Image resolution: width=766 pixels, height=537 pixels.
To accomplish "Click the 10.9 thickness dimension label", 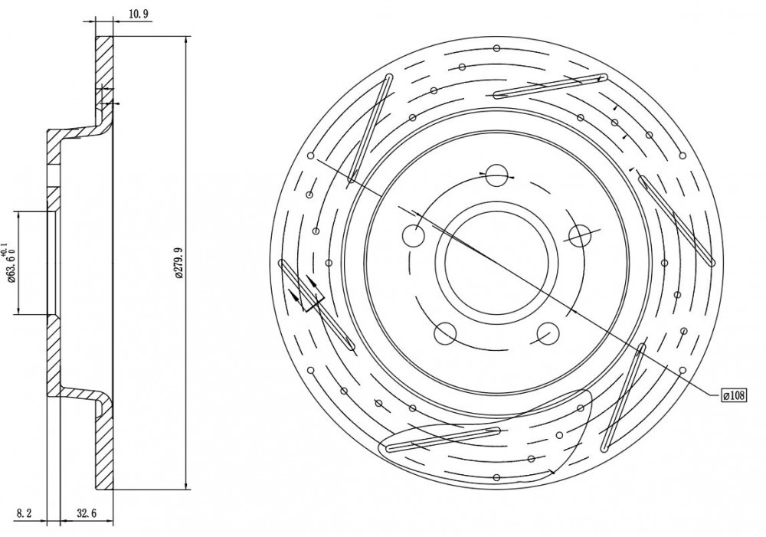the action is (x=138, y=14).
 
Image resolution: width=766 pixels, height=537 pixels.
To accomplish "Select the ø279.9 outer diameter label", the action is (x=178, y=264).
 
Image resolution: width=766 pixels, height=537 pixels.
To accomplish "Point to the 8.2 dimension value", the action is (x=24, y=513).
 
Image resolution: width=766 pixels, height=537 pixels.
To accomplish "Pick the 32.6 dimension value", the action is (x=87, y=513).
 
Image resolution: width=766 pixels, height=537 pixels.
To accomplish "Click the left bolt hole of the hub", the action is (x=414, y=236).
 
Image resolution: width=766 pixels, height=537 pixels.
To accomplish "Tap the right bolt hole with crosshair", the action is (x=581, y=236).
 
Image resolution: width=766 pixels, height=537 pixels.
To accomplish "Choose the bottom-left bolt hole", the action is (x=445, y=334).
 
